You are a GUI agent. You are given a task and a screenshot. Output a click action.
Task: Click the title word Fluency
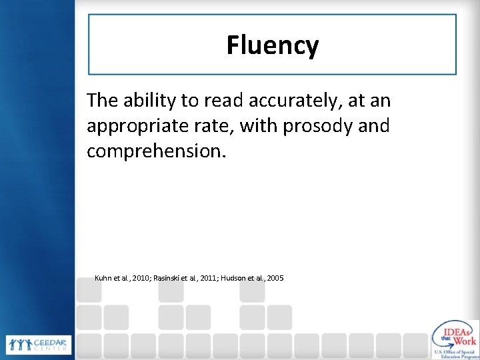pos(272,45)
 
